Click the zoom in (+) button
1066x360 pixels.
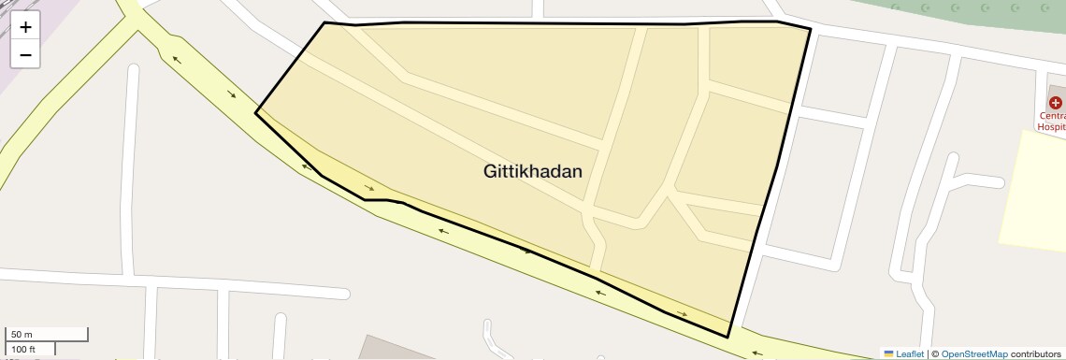[x=25, y=27]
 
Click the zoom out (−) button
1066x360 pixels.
[x=25, y=55]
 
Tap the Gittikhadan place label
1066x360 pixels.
[x=533, y=172]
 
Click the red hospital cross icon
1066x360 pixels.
[x=1056, y=102]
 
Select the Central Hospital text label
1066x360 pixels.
[x=1052, y=121]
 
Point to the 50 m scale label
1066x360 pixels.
[x=22, y=335]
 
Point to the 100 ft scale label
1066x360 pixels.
[x=23, y=350]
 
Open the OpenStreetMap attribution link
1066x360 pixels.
[x=974, y=353]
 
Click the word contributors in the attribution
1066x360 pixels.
[x=1036, y=353]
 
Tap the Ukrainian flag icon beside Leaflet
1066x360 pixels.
[x=888, y=353]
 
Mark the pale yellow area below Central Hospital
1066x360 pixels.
[x=1032, y=187]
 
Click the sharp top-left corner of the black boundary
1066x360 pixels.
[x=324, y=22]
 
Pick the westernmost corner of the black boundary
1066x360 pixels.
[x=255, y=113]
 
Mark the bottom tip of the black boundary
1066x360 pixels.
[x=728, y=337]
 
